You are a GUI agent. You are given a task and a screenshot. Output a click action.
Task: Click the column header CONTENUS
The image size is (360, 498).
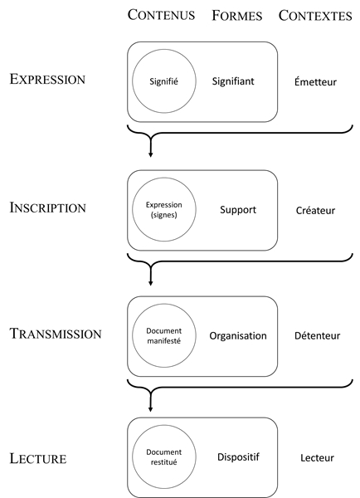161,15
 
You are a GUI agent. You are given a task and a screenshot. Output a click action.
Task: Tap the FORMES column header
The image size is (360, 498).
237,16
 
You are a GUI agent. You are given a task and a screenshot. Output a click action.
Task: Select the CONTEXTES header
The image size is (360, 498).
315,16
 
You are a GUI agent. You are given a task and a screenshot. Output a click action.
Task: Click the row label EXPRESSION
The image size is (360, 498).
47,79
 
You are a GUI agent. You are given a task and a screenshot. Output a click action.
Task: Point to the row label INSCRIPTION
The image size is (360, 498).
48,207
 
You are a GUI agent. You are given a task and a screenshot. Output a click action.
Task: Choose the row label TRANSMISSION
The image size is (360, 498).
56,334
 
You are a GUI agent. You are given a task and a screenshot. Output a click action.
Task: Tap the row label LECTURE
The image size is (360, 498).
38,458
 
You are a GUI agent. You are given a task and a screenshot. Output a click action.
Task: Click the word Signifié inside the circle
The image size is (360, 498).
163,81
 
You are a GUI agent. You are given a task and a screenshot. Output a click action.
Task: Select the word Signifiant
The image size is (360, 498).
233,81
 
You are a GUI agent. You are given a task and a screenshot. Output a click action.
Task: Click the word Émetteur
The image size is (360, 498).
315,81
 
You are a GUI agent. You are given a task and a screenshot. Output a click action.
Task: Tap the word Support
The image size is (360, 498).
238,210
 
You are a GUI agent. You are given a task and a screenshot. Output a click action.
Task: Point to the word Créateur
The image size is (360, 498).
315,210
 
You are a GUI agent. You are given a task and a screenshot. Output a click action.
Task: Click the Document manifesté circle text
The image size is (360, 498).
163,335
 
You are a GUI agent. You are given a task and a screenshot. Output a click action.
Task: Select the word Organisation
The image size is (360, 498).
238,336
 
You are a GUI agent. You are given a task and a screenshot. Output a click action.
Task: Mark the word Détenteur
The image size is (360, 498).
317,335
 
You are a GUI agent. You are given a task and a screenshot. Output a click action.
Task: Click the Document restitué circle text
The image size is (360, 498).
163,457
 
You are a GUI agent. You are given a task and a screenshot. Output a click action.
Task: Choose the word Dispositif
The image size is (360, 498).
238,457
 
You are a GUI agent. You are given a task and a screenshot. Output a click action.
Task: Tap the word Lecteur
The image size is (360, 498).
317,457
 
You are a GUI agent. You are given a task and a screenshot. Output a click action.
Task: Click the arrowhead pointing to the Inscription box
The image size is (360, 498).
150,154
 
